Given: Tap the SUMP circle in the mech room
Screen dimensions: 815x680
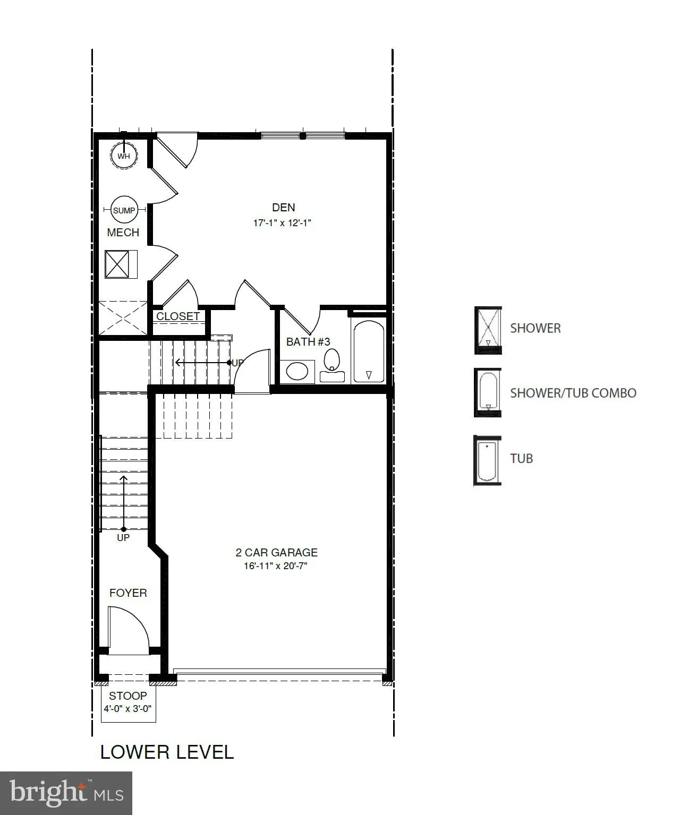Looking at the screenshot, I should tap(124, 210).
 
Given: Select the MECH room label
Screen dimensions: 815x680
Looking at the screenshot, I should tap(123, 233).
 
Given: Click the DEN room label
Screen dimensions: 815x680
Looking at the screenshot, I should tap(284, 208).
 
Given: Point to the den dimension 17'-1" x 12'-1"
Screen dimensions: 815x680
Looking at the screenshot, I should tap(282, 223).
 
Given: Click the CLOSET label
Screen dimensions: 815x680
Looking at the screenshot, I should tap(178, 316).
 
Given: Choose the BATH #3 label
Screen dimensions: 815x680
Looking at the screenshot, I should tap(308, 342).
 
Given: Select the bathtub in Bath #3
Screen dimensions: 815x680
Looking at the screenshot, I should tap(369, 351).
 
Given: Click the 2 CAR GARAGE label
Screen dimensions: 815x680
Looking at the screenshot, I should tap(277, 553).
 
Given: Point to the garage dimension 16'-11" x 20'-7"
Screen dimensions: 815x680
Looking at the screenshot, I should tap(276, 566).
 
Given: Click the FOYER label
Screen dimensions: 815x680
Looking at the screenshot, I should tap(128, 593).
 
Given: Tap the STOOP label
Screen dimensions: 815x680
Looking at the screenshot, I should tap(128, 696).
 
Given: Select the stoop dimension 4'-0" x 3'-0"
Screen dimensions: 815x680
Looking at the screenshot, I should tap(128, 709).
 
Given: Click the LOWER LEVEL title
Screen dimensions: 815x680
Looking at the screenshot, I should tap(167, 752).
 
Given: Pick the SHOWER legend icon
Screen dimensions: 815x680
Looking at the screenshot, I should tap(488, 330).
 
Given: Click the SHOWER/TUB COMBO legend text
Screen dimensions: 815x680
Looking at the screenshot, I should tap(573, 393).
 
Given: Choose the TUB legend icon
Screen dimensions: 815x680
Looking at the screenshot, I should tap(487, 460).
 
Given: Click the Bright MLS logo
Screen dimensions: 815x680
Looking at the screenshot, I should tap(66, 793).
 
